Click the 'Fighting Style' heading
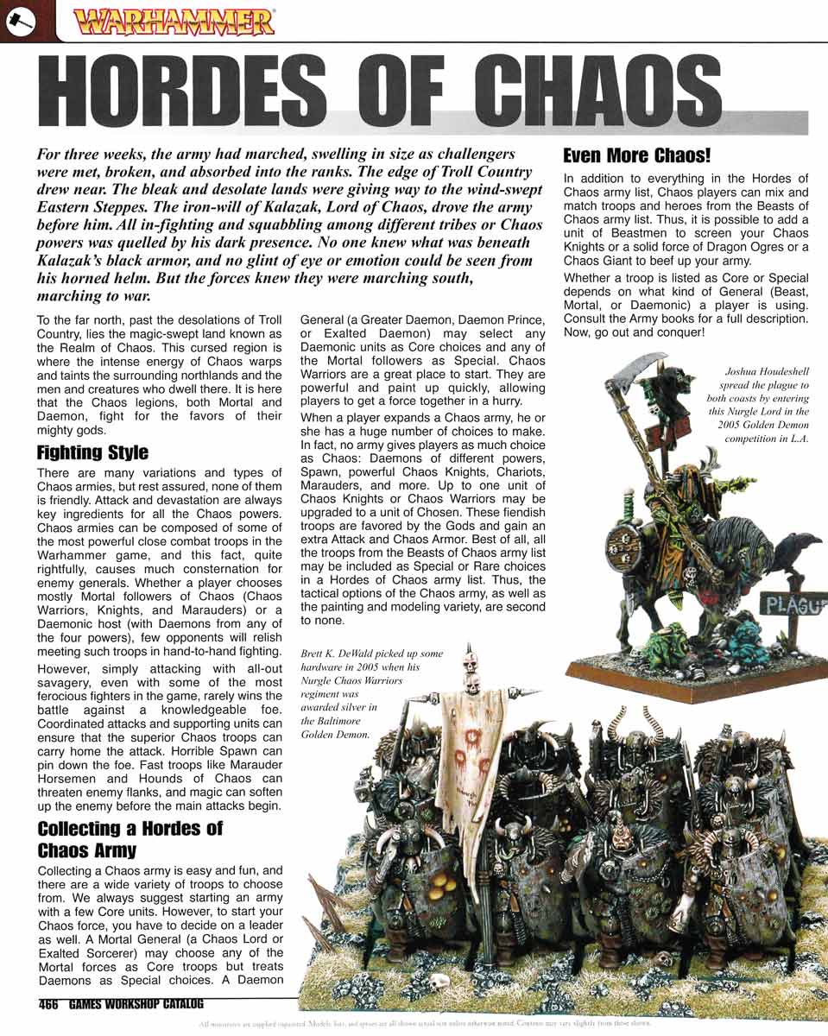[x=92, y=452]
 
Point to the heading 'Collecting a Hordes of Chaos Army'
[x=130, y=839]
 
